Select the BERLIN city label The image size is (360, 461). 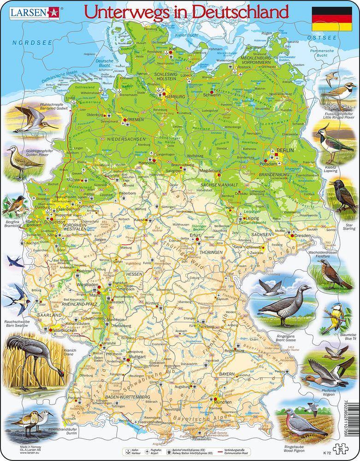click(x=282, y=150)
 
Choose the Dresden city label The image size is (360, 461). click(x=303, y=236)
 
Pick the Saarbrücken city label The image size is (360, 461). click(x=63, y=330)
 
